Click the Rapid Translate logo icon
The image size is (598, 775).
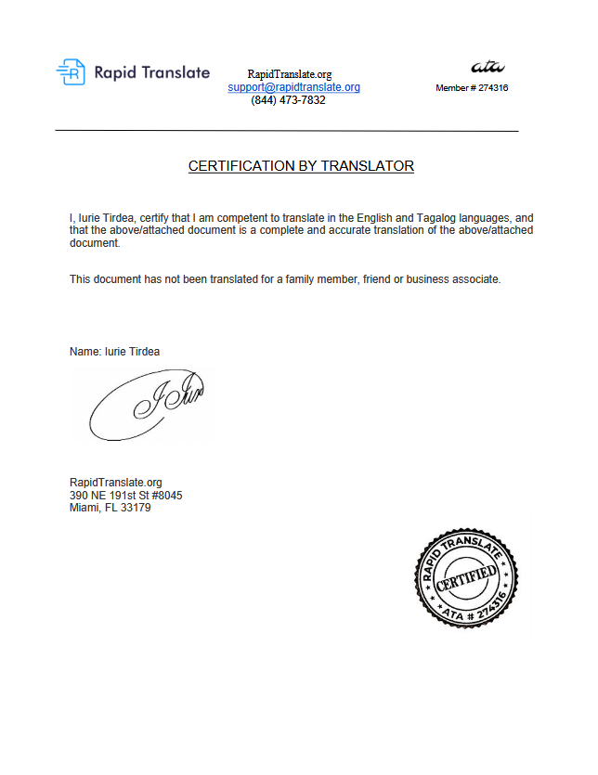coord(71,71)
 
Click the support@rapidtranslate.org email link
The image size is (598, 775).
coord(293,87)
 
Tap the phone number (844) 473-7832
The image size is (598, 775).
coord(288,100)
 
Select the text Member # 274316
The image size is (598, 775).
coord(472,88)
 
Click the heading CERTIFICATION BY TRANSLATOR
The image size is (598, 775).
coord(301,166)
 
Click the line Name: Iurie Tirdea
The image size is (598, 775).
coord(114,352)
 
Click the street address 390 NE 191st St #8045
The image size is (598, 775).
coord(125,496)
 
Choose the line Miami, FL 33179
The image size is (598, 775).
coord(110,509)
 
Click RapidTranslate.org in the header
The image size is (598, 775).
coord(289,74)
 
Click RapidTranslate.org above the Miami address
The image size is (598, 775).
coord(115,483)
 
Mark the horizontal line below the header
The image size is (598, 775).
coord(287,131)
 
